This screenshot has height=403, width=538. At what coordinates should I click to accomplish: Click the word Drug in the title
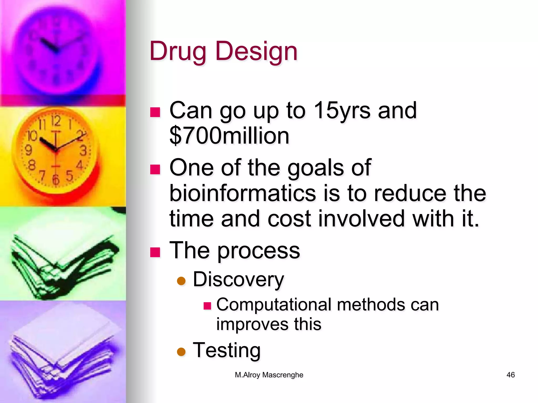178,51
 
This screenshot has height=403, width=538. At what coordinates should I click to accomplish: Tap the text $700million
229,136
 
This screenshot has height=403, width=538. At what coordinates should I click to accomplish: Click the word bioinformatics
242,193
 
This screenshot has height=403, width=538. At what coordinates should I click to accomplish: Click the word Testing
227,350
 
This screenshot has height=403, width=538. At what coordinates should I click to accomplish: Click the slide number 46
510,375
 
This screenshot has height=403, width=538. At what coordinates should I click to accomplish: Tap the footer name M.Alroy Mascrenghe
269,375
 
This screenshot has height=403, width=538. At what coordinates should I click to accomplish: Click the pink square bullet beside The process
155,252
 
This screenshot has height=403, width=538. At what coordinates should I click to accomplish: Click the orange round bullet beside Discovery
181,281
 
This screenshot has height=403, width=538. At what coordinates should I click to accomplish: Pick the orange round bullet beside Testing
181,352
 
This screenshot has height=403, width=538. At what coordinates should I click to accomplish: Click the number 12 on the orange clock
56,121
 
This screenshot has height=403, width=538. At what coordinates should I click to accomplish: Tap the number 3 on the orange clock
83,151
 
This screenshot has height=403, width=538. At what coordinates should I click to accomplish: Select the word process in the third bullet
258,251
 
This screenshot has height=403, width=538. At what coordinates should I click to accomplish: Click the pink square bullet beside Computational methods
207,306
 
